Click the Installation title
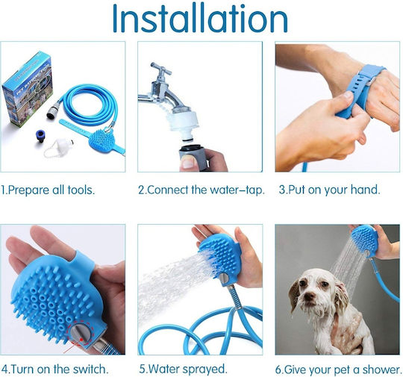point(200,18)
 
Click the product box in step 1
point(27,89)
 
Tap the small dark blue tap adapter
point(40,137)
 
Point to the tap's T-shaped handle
point(160,69)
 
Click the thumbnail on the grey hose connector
point(189,162)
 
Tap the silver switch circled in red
point(80,334)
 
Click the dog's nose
point(309,296)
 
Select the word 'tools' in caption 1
point(81,190)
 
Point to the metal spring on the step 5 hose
point(234,296)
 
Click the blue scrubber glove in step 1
point(101,141)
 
